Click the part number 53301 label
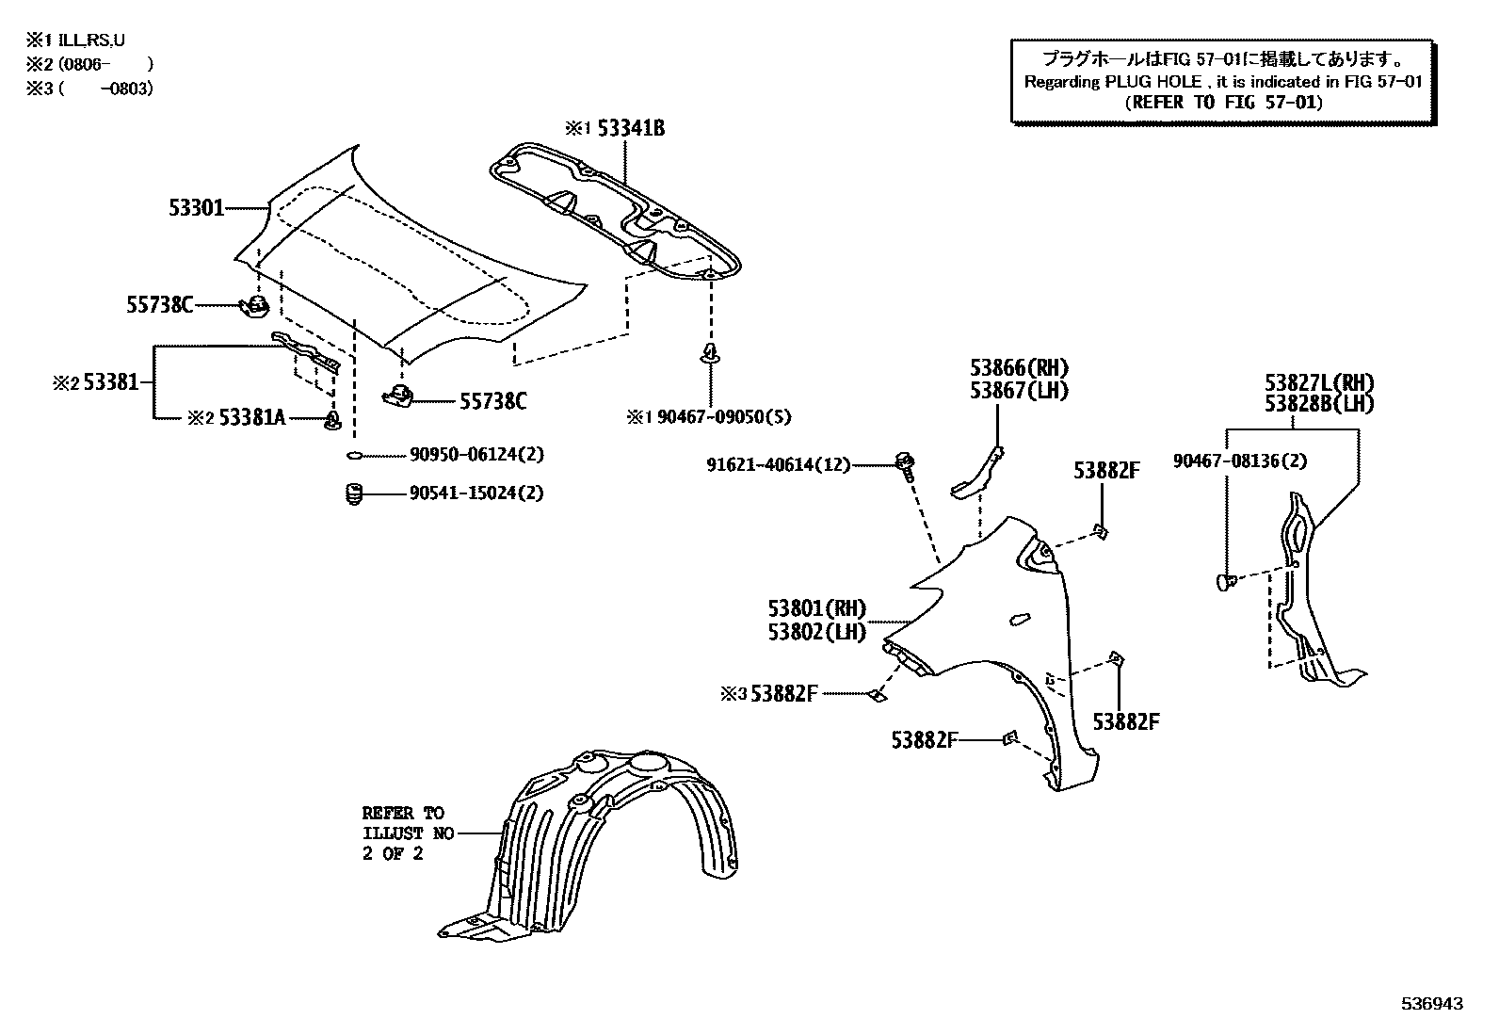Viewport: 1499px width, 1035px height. (x=196, y=207)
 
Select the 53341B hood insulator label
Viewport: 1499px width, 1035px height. (x=630, y=129)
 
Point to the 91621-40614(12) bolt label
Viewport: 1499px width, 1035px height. (x=778, y=464)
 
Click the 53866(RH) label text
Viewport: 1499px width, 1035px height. (x=1020, y=368)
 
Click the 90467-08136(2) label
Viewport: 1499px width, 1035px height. (x=1239, y=461)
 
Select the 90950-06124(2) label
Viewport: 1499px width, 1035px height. (x=476, y=455)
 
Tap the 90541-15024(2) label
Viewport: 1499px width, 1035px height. (x=476, y=493)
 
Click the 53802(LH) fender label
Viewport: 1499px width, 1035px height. (x=816, y=632)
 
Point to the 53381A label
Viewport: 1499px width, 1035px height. (x=251, y=417)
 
